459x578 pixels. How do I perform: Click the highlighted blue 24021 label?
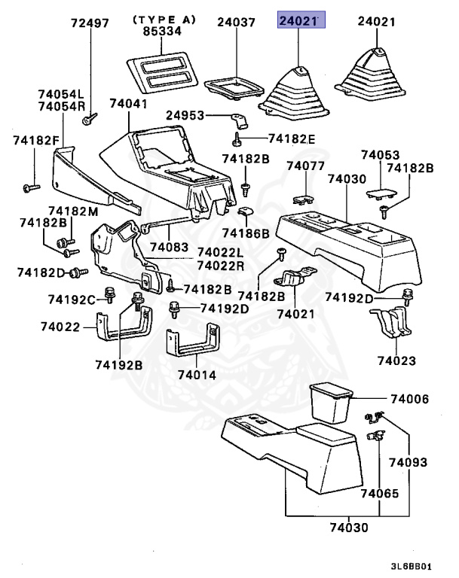pyautogui.click(x=301, y=22)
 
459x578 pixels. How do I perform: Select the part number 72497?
pyautogui.click(x=90, y=23)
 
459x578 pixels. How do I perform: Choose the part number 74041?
pyautogui.click(x=127, y=103)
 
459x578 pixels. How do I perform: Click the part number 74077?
pyautogui.click(x=304, y=166)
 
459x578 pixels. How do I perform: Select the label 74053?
pyautogui.click(x=378, y=154)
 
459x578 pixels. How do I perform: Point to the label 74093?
pyautogui.click(x=408, y=461)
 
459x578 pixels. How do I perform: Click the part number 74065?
pyautogui.click(x=378, y=494)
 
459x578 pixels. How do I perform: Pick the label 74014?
pyautogui.click(x=197, y=374)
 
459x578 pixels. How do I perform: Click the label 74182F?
pyautogui.click(x=35, y=140)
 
